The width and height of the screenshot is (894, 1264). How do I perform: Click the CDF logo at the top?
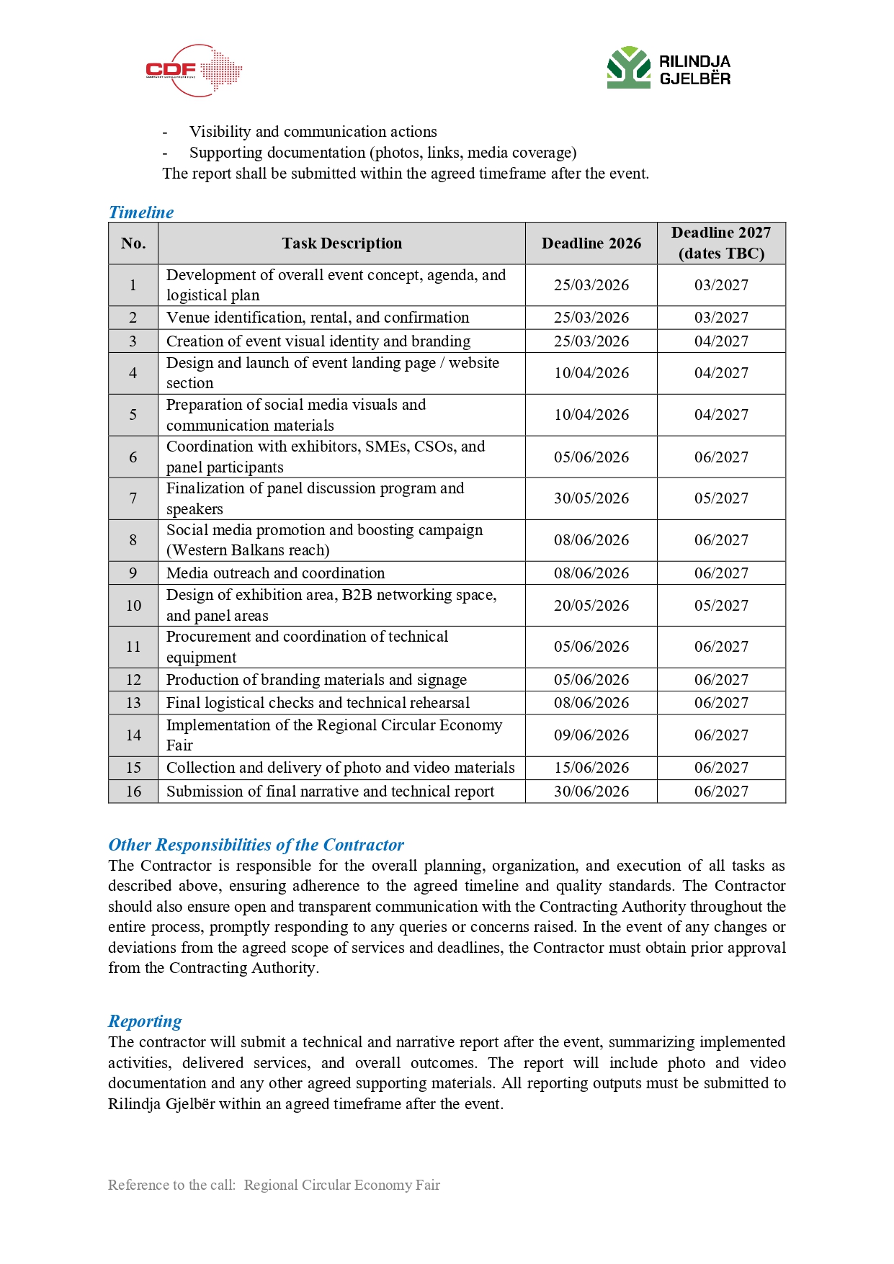point(193,71)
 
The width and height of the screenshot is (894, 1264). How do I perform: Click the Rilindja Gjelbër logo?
point(669,68)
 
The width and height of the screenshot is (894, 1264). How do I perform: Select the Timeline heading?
point(141,212)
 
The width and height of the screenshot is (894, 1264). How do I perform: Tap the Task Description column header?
point(341,243)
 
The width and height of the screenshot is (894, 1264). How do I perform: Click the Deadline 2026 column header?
point(591,243)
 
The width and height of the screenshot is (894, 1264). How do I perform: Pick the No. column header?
point(133,243)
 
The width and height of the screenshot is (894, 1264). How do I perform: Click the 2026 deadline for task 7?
point(591,498)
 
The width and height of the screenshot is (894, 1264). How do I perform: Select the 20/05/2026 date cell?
point(591,606)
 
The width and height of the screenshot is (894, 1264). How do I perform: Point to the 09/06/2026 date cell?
point(591,735)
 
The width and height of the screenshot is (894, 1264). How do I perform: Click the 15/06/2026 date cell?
point(591,768)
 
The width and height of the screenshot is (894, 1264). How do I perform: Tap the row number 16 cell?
point(133,792)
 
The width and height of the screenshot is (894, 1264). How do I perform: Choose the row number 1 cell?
point(133,285)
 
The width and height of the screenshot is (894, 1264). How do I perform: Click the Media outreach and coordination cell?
point(276,573)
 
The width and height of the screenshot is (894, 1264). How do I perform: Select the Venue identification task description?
point(318,318)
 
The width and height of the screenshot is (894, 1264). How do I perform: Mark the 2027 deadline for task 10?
point(721,606)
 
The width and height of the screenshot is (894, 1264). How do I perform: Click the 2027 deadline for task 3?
point(721,341)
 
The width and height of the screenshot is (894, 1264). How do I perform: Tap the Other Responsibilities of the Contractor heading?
point(256,845)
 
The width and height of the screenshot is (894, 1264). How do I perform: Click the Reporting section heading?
point(145,1021)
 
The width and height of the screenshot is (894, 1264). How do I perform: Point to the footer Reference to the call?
point(274,1185)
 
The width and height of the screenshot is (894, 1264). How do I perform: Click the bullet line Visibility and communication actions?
point(313,132)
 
